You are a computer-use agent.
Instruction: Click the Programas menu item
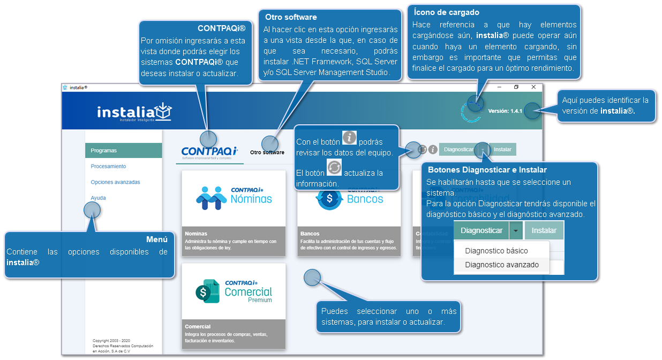coord(104,151)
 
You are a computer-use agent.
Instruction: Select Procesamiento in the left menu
coord(108,167)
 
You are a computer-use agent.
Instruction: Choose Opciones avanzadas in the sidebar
coord(115,182)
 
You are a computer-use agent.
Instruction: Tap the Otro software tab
coord(267,153)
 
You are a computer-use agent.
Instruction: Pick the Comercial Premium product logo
coord(234,291)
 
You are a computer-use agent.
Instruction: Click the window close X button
coord(533,87)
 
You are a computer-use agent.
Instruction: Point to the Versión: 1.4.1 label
coord(506,111)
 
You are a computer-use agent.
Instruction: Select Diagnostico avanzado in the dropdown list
coord(502,265)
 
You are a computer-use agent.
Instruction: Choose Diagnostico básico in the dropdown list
coord(496,251)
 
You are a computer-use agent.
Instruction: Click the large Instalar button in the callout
coord(544,231)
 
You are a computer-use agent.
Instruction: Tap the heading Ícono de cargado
coord(447,12)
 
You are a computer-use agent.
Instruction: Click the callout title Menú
coord(156,239)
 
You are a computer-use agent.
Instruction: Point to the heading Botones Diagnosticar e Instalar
coord(487,170)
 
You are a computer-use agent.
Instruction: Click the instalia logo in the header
coord(134,112)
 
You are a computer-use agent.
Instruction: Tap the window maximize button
coord(516,87)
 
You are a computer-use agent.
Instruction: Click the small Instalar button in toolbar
coord(502,149)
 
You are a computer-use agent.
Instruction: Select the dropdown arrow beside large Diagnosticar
coord(515,231)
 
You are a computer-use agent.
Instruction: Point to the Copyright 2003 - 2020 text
coord(111,341)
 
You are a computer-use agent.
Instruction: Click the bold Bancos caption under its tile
coord(310,234)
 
